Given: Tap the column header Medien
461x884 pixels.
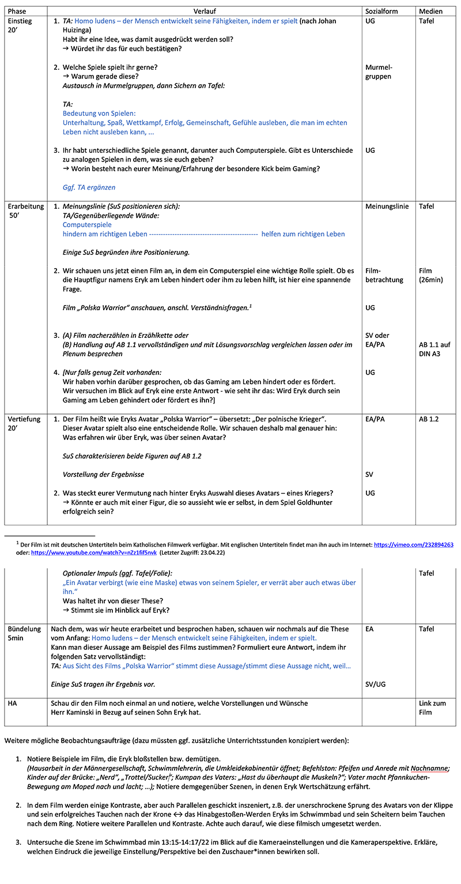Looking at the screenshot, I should coord(431,12).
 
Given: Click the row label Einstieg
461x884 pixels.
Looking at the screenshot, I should coord(20,21).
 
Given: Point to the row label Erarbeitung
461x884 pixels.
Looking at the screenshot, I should coord(26,206).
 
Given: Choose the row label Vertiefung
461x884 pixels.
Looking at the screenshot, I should coord(24,419).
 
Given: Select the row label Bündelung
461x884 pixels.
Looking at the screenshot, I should coord(24,629).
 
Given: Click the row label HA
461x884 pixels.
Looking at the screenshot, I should coord(13,704).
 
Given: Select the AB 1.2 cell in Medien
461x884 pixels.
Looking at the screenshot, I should coord(429,419).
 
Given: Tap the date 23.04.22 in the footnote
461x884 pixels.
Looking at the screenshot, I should coord(210,552).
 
